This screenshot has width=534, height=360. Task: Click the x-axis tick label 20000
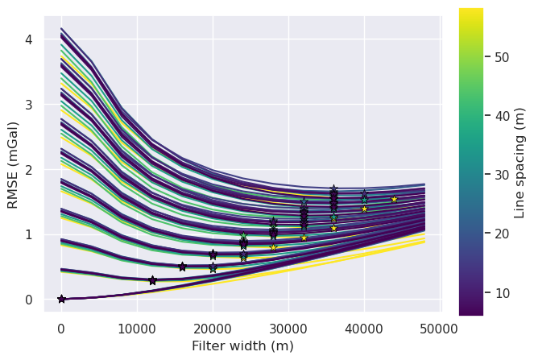pyautogui.click(x=213, y=329)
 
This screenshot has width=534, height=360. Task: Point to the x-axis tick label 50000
pyautogui.click(x=440, y=329)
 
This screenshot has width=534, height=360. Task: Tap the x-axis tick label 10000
pyautogui.click(x=137, y=329)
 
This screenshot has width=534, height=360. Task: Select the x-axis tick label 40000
pyautogui.click(x=364, y=329)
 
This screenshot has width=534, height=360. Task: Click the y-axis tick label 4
pyautogui.click(x=29, y=39)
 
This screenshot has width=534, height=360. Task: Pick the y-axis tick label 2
pyautogui.click(x=29, y=170)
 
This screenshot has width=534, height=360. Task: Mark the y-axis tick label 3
pyautogui.click(x=29, y=105)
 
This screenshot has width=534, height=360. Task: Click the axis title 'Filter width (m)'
pyautogui.click(x=242, y=346)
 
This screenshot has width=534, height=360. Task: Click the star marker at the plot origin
pyautogui.click(x=61, y=299)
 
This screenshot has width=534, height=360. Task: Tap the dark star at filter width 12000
pyautogui.click(x=152, y=280)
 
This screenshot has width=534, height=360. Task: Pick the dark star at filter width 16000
pyautogui.click(x=182, y=267)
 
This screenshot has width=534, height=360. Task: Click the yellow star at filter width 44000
pyautogui.click(x=394, y=199)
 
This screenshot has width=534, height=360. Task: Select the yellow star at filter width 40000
pyautogui.click(x=364, y=209)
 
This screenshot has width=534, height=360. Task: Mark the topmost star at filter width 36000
pyautogui.click(x=333, y=189)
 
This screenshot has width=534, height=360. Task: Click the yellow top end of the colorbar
pyautogui.click(x=471, y=11)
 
